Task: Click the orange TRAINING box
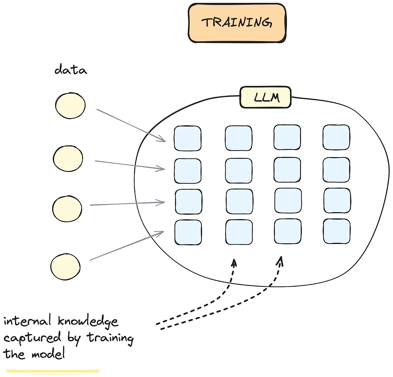point(237,23)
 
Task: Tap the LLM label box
point(265,97)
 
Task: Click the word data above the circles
point(71,70)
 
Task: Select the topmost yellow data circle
point(70,106)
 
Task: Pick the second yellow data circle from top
point(68,159)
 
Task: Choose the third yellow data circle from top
point(67,209)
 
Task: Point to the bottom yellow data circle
point(65,267)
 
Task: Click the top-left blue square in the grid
point(188,138)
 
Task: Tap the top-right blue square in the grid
point(336,137)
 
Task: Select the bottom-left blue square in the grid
point(188,232)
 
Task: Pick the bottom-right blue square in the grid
point(337,231)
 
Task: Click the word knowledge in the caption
point(88,321)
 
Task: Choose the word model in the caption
point(48,354)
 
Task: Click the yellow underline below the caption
point(53,371)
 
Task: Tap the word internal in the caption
point(27,321)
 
